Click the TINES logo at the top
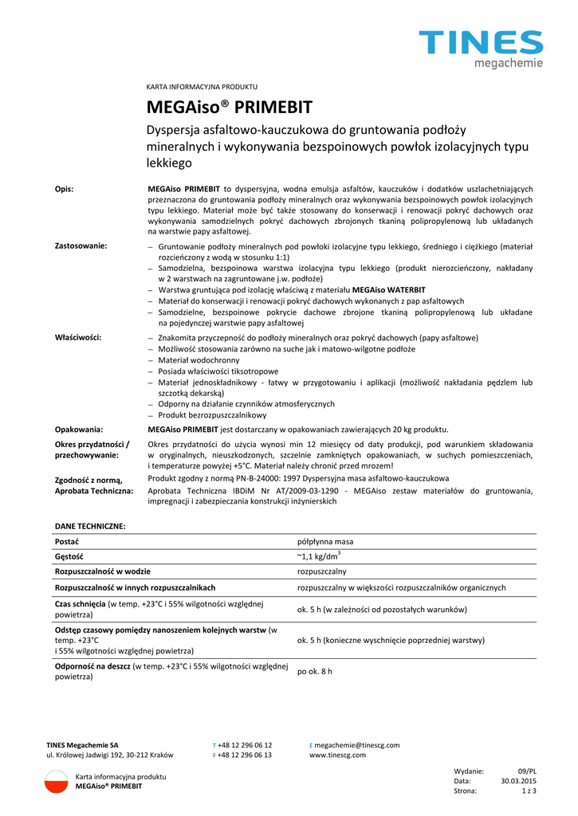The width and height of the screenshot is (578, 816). point(481,47)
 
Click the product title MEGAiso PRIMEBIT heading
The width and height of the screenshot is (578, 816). point(230,107)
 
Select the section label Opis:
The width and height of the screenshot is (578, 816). point(64,189)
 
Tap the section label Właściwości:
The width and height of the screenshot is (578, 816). point(77,338)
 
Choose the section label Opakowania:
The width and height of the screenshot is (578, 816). point(79,429)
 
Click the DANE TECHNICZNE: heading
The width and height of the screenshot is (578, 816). point(89,526)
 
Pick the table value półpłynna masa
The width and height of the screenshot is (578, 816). point(324,541)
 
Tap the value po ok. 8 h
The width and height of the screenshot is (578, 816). point(315,671)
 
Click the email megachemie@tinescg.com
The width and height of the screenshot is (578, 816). point(357,745)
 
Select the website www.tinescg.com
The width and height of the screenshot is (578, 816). point(337,755)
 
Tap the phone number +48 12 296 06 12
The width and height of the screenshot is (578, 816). point(245,745)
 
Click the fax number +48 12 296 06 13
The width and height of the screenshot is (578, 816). point(245,755)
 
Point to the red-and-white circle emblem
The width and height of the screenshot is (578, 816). point(57,781)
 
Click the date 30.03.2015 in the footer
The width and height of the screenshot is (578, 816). point(518,781)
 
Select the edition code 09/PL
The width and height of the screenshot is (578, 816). point(527,771)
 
